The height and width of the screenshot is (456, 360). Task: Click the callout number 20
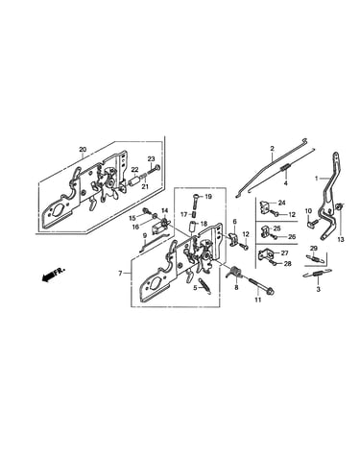click(83, 150)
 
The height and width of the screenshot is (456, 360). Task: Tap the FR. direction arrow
click(53, 275)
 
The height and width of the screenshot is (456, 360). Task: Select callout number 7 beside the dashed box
click(120, 274)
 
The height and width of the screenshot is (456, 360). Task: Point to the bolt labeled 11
click(261, 286)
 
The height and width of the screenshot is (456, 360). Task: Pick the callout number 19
click(208, 197)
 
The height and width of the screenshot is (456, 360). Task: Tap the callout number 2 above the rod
click(273, 149)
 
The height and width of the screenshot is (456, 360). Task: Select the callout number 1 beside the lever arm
click(317, 179)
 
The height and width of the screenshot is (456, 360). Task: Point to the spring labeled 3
click(317, 274)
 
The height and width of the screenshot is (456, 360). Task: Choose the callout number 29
click(314, 248)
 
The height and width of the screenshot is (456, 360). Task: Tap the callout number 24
click(281, 203)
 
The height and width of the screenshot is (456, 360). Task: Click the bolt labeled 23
click(155, 169)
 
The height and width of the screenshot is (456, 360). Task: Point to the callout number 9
click(145, 235)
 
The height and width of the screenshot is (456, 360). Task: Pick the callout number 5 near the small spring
click(195, 288)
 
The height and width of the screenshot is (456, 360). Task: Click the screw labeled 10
click(311, 224)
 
